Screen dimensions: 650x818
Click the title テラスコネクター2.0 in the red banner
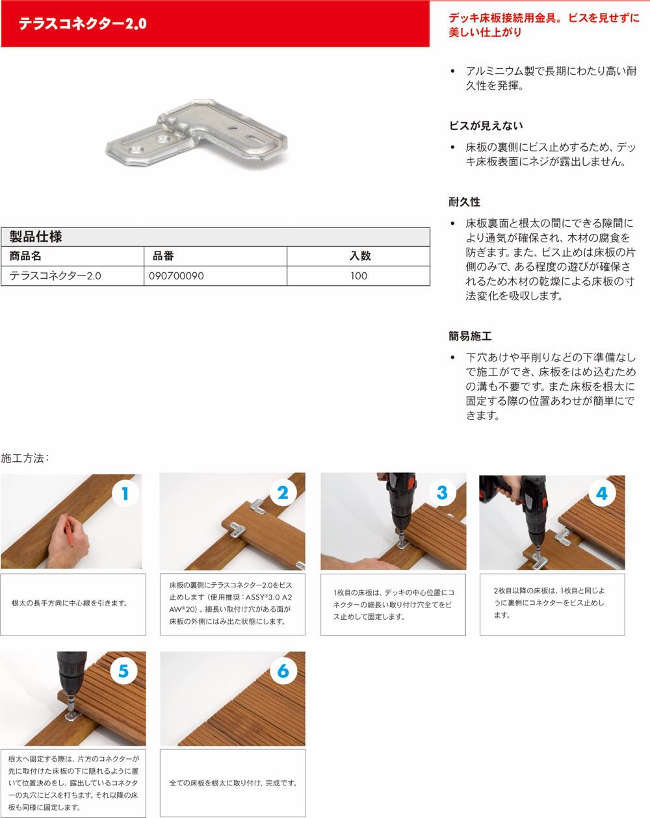tap(83, 23)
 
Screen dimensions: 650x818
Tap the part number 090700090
tap(176, 276)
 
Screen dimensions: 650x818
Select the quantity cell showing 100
tap(359, 276)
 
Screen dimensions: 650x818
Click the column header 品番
tap(163, 256)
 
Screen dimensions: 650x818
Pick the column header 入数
tap(360, 256)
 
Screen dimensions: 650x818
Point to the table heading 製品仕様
tap(36, 236)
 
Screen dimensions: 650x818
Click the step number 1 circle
tap(125, 494)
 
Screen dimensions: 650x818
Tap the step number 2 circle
tap(283, 493)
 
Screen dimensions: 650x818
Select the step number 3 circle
tap(442, 493)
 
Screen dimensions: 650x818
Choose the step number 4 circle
tap(602, 494)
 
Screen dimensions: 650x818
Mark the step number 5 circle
tap(123, 671)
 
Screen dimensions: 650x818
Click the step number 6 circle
tap(283, 671)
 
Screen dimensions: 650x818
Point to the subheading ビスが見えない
tap(486, 126)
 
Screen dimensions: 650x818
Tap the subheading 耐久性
tap(464, 202)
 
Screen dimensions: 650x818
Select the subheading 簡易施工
tap(470, 336)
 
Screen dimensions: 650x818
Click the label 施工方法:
tap(25, 458)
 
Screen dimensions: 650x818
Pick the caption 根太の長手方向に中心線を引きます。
tap(70, 603)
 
